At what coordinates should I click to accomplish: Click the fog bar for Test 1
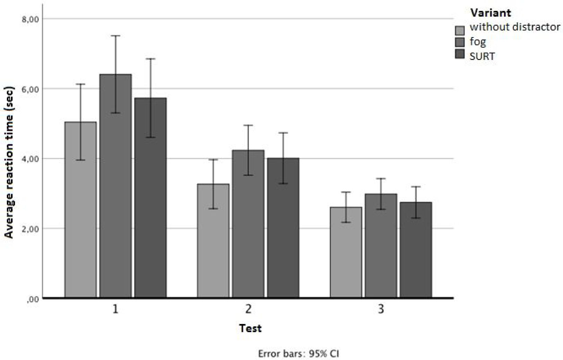(x=115, y=208)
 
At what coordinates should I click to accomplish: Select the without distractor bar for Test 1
(x=80, y=225)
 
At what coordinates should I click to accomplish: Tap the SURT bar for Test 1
(x=150, y=215)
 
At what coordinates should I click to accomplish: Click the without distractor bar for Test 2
(x=213, y=249)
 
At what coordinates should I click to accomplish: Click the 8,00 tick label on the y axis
(x=31, y=19)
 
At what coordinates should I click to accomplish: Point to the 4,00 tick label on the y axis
(x=31, y=159)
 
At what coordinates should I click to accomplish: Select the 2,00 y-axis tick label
(x=31, y=229)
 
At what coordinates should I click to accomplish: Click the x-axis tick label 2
(x=248, y=309)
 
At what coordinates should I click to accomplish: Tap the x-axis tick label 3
(x=381, y=309)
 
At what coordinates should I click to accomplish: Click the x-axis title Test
(x=250, y=328)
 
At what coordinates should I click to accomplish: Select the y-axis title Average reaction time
(x=9, y=162)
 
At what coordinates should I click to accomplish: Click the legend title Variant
(x=490, y=13)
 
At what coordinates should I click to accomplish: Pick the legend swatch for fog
(x=460, y=42)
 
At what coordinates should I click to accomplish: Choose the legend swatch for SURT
(x=460, y=54)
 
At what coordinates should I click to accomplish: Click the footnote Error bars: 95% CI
(x=298, y=354)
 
